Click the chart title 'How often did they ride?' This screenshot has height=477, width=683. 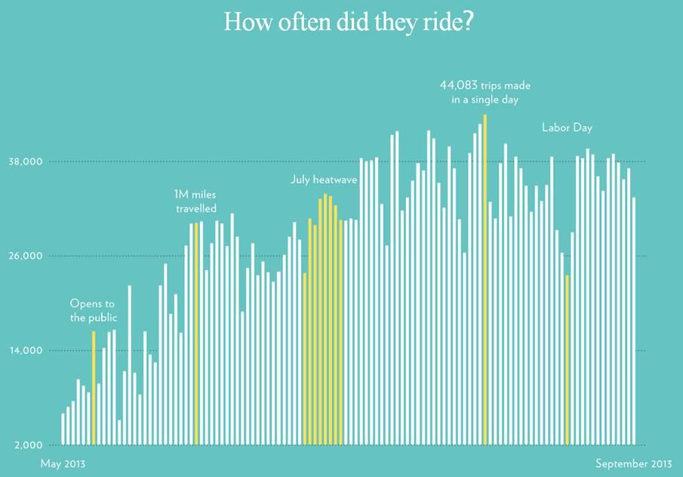[x=349, y=22]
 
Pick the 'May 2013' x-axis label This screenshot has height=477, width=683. [x=63, y=463]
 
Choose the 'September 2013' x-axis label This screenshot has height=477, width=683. [x=633, y=463]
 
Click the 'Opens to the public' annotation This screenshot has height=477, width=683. [x=94, y=310]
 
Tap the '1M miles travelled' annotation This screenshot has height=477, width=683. [x=195, y=202]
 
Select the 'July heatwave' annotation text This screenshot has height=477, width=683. [x=324, y=180]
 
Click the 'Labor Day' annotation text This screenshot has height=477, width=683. [x=567, y=128]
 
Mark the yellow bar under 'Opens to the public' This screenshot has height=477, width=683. [x=94, y=388]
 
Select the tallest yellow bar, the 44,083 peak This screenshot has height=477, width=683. [x=485, y=279]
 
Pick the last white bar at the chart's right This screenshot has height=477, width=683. [x=634, y=321]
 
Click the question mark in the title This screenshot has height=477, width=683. [x=469, y=22]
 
